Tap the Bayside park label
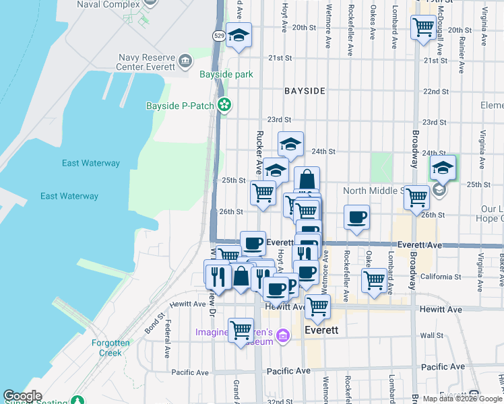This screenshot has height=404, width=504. pos(226,74)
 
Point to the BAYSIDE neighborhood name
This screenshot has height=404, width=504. pos(305,90)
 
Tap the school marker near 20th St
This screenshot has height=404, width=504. pos(239,36)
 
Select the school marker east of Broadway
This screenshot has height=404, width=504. pos(443,168)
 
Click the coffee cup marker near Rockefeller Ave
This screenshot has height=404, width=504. pos(356,217)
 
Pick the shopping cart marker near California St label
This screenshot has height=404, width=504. pos(374,279)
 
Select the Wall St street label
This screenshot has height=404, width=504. pos(431,335)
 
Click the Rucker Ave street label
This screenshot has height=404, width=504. pos(258,152)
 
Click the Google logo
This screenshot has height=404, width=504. pos(23,396)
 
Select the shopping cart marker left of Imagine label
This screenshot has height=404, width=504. pos(241,330)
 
